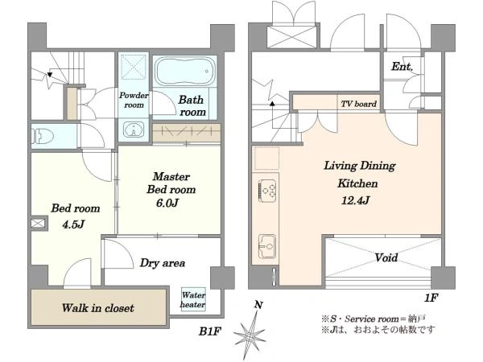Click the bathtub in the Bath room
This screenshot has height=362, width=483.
[184, 72]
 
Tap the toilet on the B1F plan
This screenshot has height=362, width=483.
[43, 136]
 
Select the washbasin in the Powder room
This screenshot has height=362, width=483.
[134, 130]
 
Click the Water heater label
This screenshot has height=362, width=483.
[193, 299]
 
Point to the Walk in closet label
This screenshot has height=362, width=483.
[98, 308]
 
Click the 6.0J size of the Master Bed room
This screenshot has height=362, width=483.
[167, 204]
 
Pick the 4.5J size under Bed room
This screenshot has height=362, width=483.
[73, 224]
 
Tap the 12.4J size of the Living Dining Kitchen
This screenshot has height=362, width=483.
[356, 201]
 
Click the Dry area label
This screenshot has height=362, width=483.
[163, 263]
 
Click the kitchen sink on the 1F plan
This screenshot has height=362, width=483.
[266, 246]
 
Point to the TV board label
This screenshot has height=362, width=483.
[358, 104]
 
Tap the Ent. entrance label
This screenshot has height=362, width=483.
[402, 67]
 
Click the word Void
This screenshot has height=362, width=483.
[386, 257]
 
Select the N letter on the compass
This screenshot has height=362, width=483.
[258, 305]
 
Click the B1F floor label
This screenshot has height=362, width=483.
[210, 331]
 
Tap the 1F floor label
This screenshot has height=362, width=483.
[431, 298]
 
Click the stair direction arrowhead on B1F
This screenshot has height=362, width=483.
[50, 75]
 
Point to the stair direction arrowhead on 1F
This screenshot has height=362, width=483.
[272, 104]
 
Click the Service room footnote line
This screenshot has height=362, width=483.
[374, 319]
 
